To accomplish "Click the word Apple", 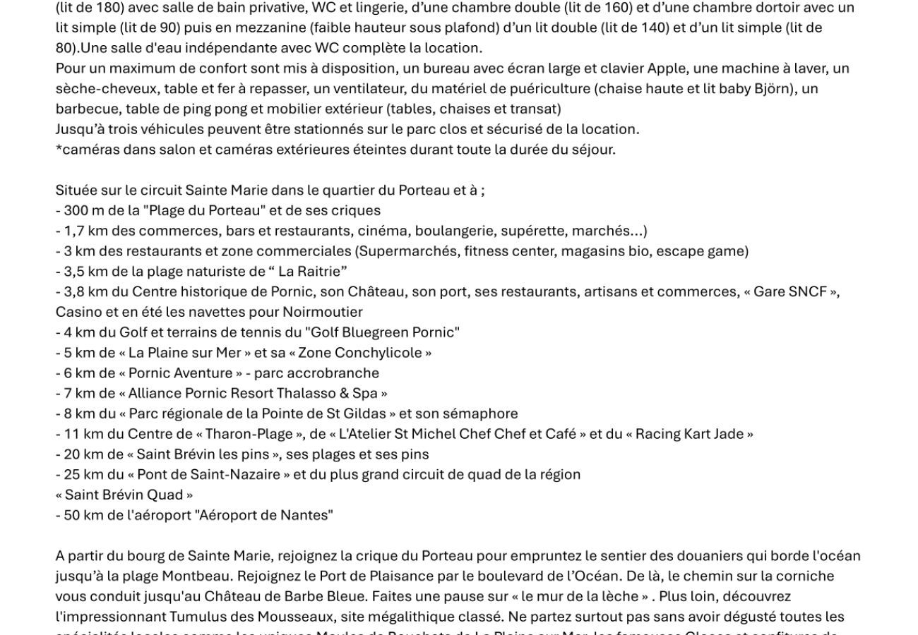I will click(x=667, y=68).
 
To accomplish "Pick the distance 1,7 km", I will click(x=80, y=231).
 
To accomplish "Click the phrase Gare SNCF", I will click(x=790, y=292).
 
